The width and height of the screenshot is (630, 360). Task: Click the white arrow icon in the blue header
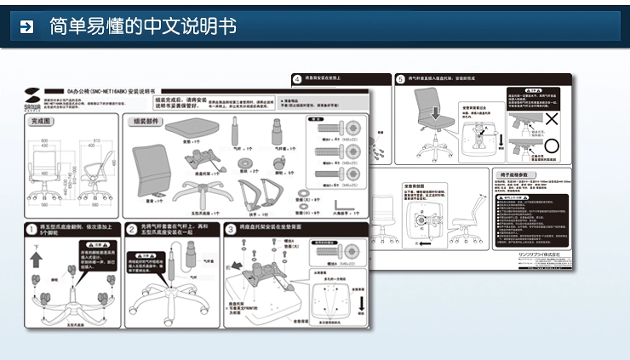[26, 26]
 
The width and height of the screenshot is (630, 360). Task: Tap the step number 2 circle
[132, 229]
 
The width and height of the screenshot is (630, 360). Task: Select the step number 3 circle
[231, 228]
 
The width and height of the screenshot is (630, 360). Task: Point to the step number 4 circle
[296, 78]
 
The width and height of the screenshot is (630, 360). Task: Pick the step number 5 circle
[400, 79]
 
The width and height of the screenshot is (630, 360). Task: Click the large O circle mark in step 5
[552, 146]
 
